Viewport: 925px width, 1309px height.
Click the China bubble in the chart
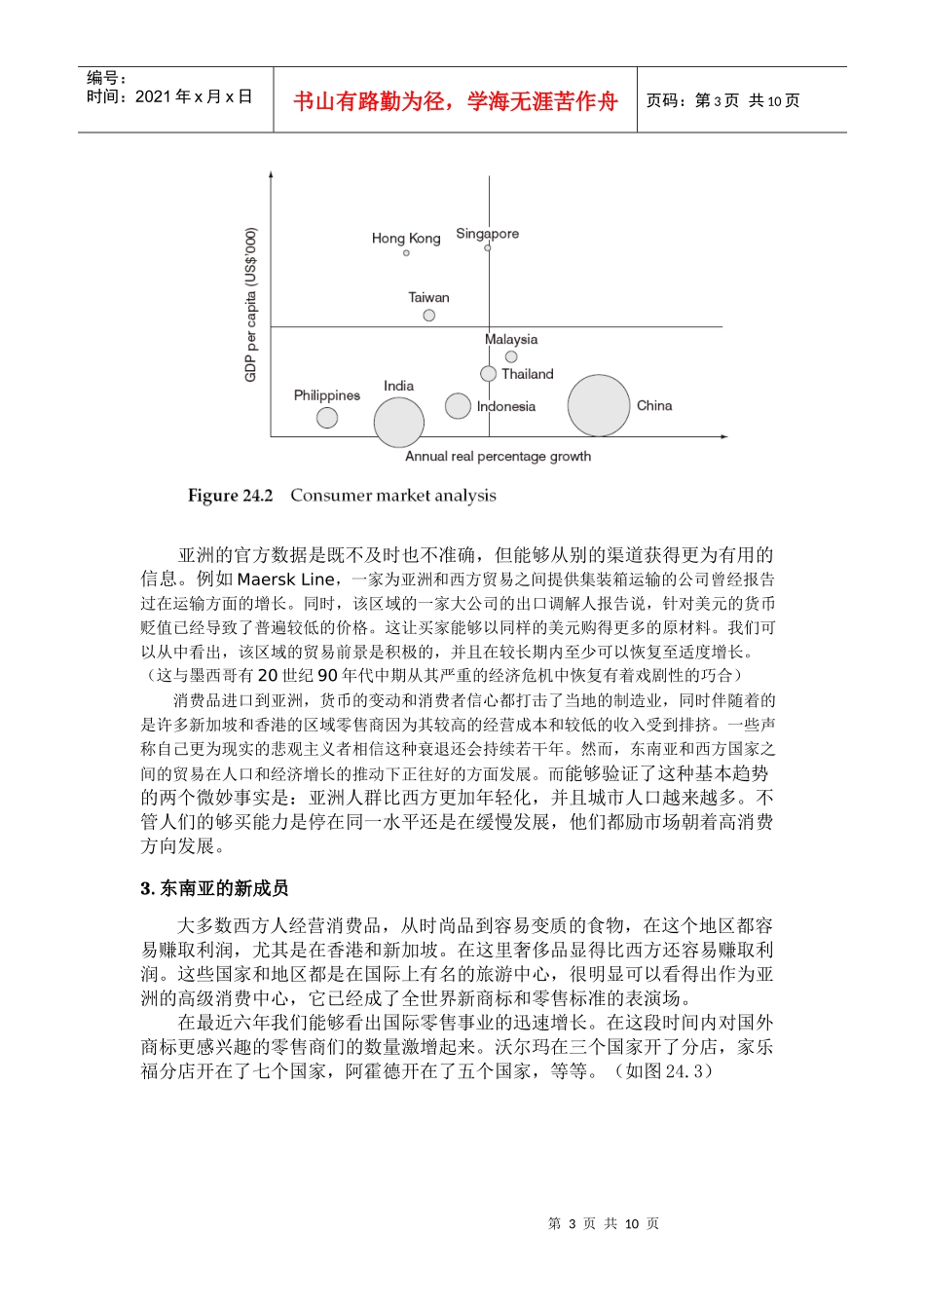click(599, 405)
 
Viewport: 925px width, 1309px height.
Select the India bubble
click(398, 423)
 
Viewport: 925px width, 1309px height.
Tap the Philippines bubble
click(327, 418)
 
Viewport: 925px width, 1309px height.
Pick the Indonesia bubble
click(458, 405)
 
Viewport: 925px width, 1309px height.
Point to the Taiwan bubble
click(429, 315)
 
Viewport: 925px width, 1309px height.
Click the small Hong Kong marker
click(406, 253)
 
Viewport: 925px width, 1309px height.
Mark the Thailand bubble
click(489, 373)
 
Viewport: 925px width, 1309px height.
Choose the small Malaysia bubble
click(511, 356)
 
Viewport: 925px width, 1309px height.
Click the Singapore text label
click(487, 234)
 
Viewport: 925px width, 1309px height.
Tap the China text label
click(654, 405)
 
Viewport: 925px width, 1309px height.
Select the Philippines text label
click(327, 395)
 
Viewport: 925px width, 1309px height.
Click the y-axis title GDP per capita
click(251, 305)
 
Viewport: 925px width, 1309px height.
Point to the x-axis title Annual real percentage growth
click(498, 456)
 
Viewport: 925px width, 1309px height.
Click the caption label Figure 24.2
click(231, 496)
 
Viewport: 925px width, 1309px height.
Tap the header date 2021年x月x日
click(194, 96)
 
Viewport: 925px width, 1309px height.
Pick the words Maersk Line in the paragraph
click(285, 580)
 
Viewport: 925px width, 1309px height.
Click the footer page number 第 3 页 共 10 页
click(604, 1223)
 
